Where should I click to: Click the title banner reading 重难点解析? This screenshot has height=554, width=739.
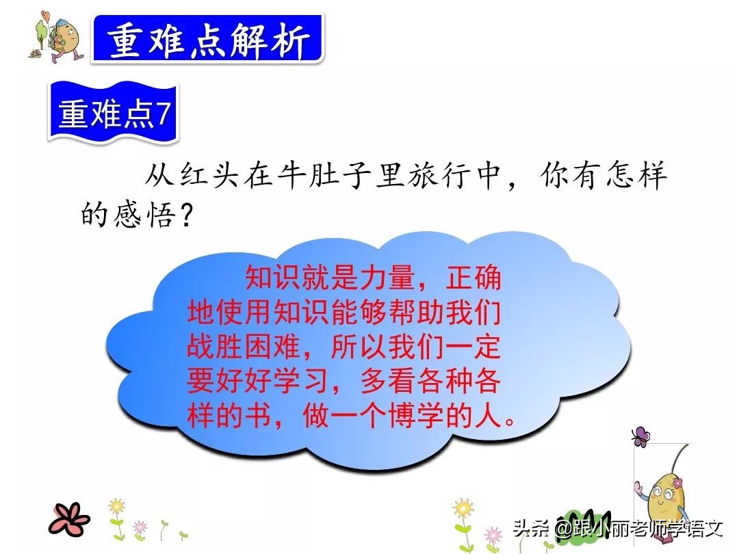[x=207, y=40]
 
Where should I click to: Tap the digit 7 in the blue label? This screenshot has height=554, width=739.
[x=162, y=115]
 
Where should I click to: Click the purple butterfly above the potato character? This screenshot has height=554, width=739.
[x=640, y=436]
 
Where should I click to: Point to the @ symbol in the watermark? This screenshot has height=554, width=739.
[x=563, y=529]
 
